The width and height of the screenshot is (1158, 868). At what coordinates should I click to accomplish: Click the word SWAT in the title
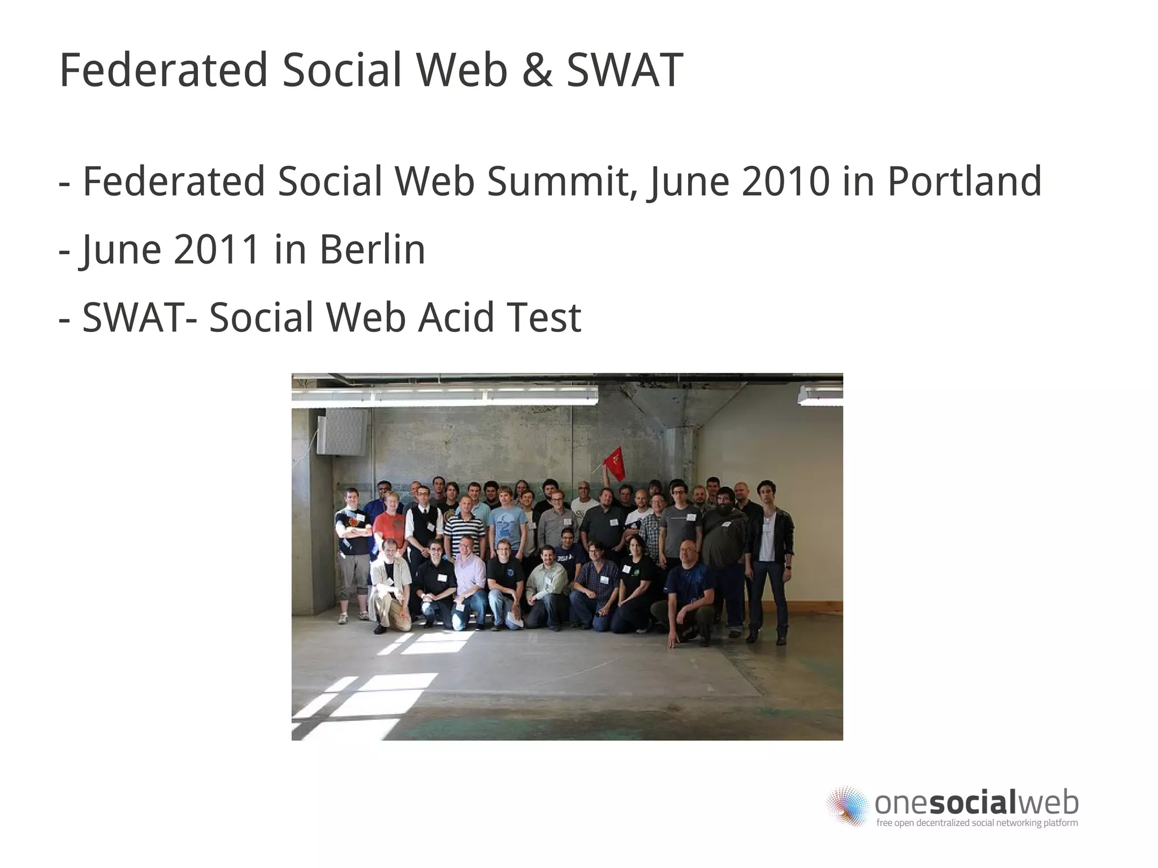click(x=624, y=71)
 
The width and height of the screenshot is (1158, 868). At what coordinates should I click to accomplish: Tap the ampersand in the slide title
click(x=537, y=71)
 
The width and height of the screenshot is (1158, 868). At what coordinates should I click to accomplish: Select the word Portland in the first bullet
click(x=964, y=182)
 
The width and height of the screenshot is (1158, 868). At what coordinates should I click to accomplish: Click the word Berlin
click(x=372, y=249)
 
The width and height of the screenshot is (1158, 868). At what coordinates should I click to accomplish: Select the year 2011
click(x=217, y=249)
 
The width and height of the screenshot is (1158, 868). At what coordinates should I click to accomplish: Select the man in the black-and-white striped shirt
click(x=464, y=529)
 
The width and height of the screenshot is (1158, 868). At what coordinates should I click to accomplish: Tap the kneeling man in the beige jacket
click(x=390, y=582)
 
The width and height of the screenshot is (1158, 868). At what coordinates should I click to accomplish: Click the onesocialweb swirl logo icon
click(x=847, y=805)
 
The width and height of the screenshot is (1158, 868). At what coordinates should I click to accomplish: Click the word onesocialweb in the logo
click(x=976, y=802)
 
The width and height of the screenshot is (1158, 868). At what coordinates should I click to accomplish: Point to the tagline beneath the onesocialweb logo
click(x=976, y=823)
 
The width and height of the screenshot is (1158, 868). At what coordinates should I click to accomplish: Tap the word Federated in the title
click(x=163, y=71)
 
